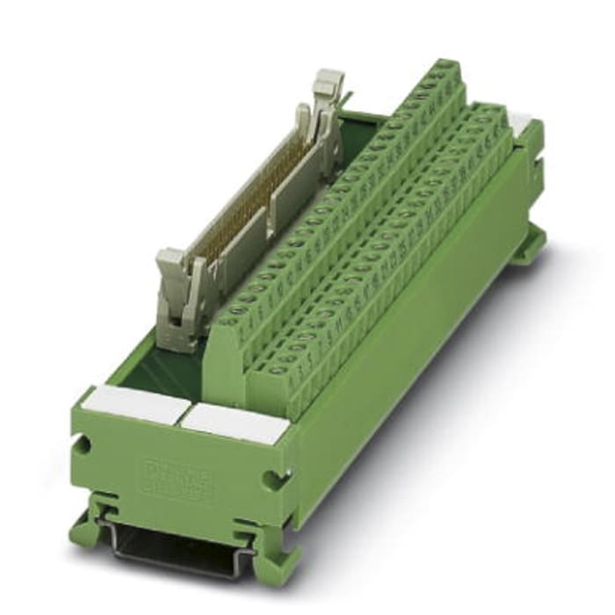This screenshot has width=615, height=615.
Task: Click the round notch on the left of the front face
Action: [83, 445]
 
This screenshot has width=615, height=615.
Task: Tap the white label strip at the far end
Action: [522, 123]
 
